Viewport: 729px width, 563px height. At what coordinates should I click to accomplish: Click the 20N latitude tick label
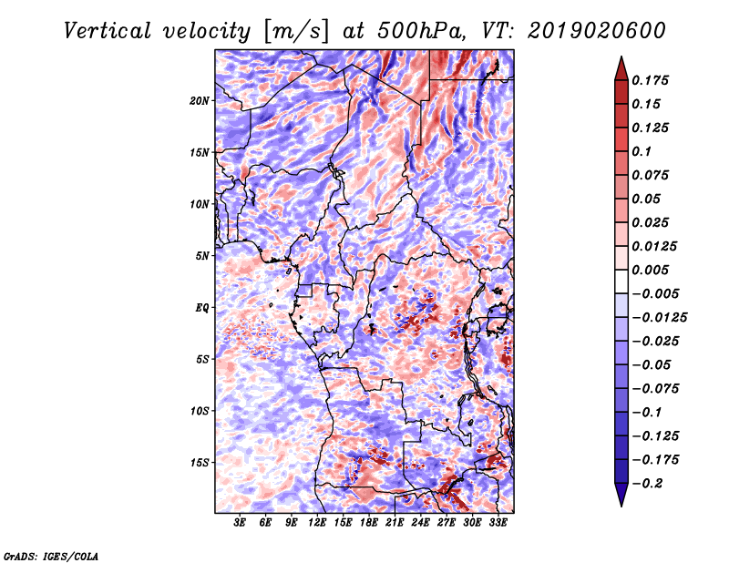tap(200, 101)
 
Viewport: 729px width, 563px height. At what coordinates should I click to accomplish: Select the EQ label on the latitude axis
tap(201, 308)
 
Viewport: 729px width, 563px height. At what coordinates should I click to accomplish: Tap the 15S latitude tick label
tap(200, 463)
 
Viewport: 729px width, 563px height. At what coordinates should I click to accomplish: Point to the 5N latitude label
tap(202, 256)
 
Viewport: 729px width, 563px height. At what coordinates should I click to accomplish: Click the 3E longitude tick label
tap(240, 523)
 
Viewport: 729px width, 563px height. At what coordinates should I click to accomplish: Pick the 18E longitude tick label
tap(368, 523)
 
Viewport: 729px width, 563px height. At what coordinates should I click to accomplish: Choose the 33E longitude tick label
tap(498, 523)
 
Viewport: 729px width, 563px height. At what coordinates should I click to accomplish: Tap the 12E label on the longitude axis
tap(316, 523)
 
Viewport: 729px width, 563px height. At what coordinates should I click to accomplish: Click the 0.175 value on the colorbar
tap(650, 80)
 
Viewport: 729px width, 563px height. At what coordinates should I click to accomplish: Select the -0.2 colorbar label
tap(647, 484)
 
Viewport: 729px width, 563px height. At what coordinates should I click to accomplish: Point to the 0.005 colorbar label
tap(650, 270)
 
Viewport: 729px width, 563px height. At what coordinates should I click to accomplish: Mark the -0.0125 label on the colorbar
tap(659, 318)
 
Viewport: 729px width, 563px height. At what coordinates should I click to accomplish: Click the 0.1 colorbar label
tap(642, 151)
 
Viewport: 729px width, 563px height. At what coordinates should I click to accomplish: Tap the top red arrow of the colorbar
tap(621, 68)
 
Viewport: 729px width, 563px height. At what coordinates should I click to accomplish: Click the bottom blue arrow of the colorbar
tap(621, 495)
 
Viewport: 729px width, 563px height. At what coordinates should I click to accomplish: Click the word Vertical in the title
tap(107, 31)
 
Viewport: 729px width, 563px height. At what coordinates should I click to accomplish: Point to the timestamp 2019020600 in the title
tap(597, 31)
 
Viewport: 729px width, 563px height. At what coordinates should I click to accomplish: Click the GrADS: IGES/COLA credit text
tap(51, 557)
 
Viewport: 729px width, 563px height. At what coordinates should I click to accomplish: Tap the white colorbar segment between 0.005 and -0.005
tap(621, 281)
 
